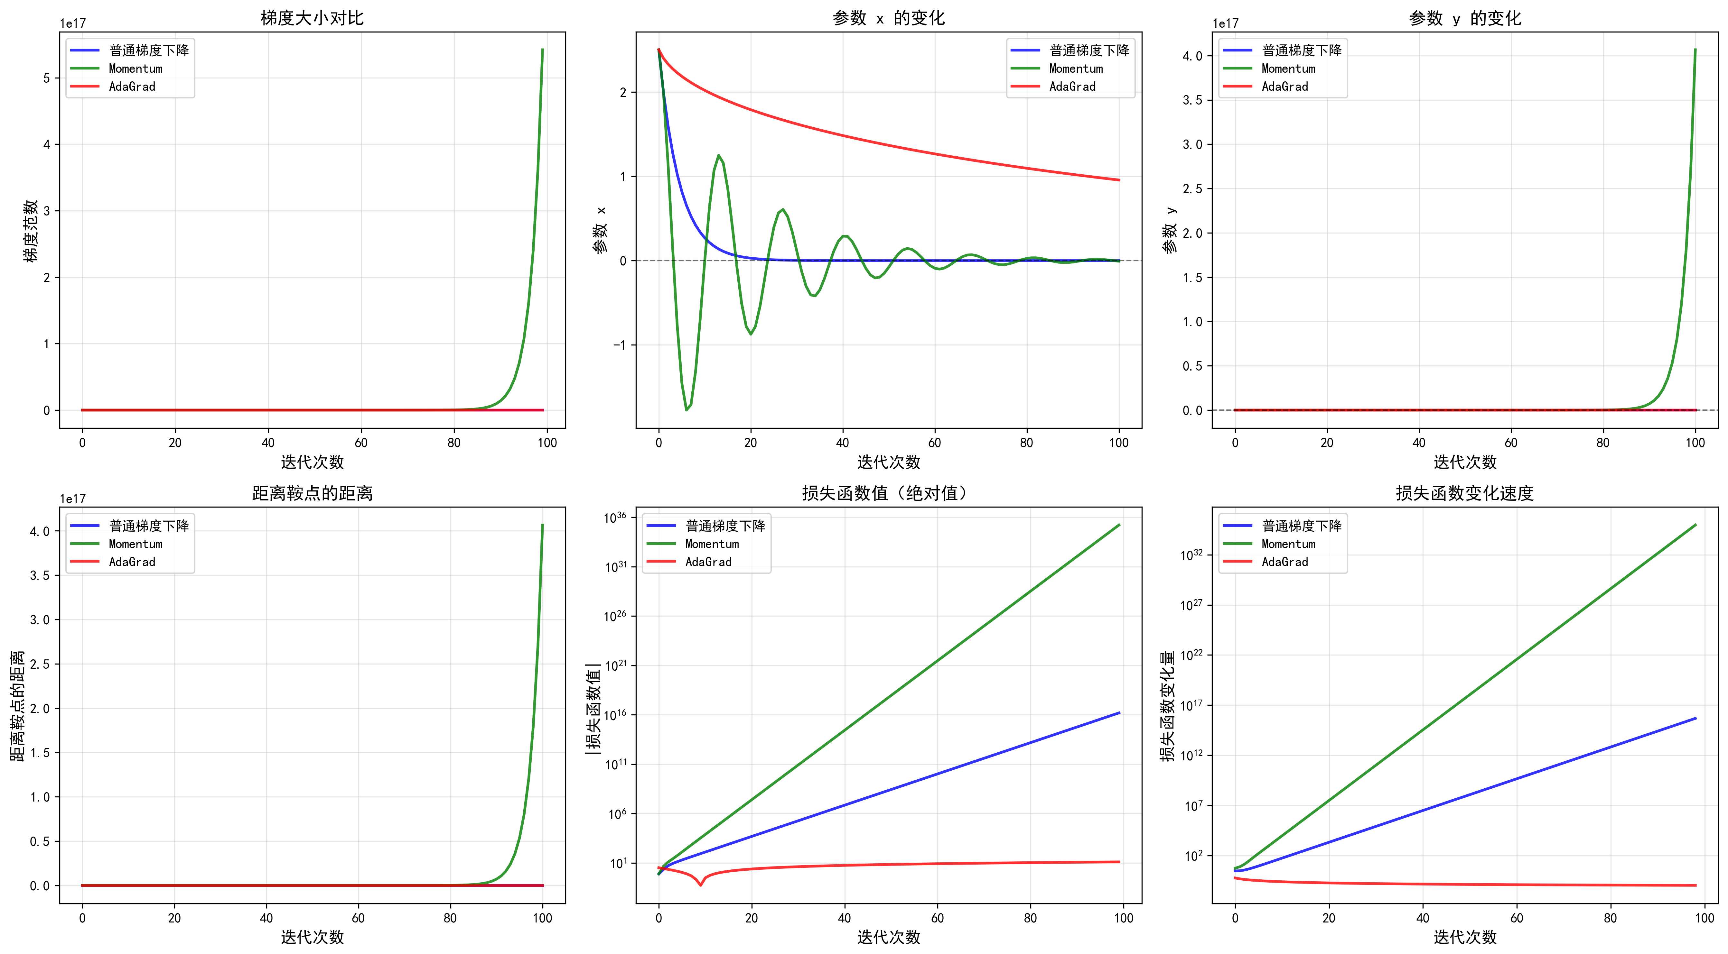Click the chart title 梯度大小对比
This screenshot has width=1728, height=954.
click(x=312, y=18)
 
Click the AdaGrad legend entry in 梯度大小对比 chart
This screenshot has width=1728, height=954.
click(x=132, y=87)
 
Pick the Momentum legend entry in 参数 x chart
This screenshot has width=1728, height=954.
click(x=1075, y=69)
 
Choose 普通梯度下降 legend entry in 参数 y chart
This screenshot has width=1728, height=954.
click(x=1301, y=50)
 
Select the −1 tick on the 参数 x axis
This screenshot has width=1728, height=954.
click(x=619, y=345)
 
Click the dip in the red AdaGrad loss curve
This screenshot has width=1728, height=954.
click(x=700, y=885)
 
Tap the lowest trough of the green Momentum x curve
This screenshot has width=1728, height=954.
click(x=686, y=409)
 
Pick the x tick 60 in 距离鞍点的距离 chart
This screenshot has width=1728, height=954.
click(x=358, y=918)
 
